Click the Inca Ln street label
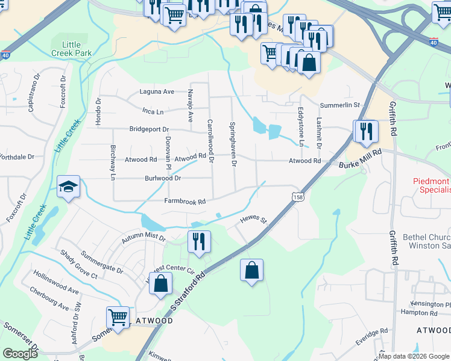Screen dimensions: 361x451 [153, 112]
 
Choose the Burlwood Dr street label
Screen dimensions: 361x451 [163, 179]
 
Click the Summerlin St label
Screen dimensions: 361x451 [339, 105]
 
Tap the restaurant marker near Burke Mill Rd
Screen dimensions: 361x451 [366, 132]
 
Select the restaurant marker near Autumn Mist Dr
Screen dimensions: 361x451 [199, 242]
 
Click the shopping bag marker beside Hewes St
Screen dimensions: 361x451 [251, 270]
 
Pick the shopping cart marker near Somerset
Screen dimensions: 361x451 [118, 316]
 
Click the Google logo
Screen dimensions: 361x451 [19, 353]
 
